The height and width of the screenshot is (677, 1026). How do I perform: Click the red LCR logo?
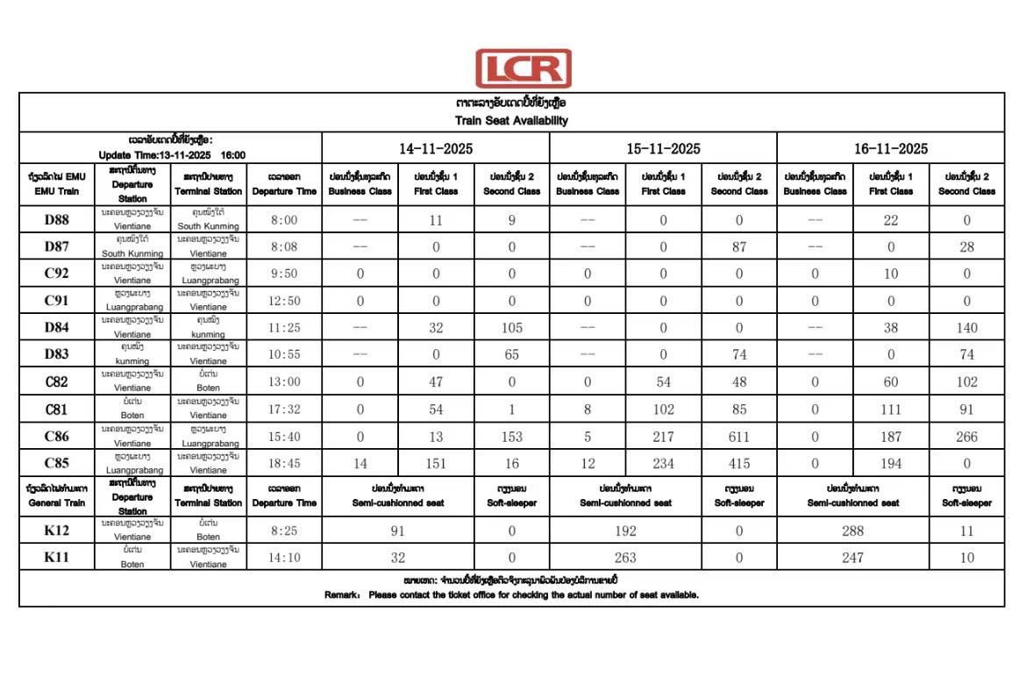523,68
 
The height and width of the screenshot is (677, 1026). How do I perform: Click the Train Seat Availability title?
511,120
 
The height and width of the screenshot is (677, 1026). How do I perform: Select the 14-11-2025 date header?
436,148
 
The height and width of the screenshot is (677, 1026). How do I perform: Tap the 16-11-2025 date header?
891,148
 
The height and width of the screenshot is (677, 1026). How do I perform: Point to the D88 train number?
57,220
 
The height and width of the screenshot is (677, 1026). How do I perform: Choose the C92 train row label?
57,274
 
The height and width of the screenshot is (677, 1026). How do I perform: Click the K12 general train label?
57,531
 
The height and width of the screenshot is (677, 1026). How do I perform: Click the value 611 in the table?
738,436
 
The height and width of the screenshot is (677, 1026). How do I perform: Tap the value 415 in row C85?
738,463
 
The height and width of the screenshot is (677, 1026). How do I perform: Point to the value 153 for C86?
511,436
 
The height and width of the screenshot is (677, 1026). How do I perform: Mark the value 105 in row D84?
511,328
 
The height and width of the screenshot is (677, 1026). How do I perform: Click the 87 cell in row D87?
738,247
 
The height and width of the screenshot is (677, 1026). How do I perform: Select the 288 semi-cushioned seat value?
852,531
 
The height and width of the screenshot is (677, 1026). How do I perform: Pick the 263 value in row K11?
624,558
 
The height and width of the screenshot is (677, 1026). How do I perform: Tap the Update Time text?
171,154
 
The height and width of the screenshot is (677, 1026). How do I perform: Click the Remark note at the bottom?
511,595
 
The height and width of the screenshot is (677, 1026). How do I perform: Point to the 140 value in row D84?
966,328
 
